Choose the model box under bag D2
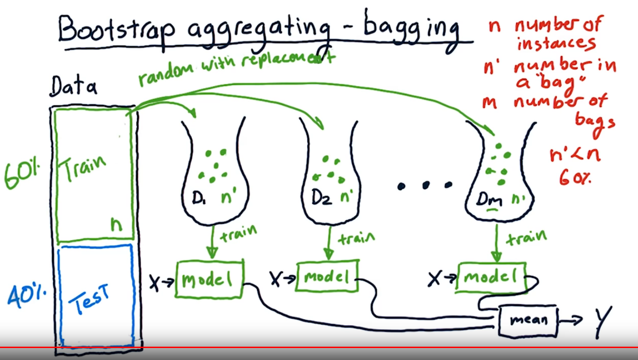[327, 277]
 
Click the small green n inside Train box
[117, 225]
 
